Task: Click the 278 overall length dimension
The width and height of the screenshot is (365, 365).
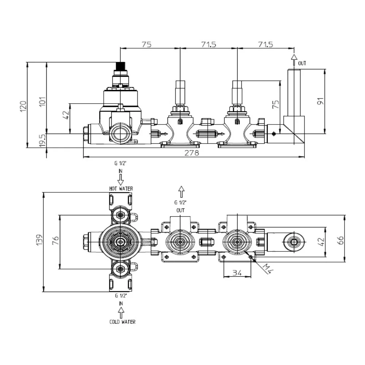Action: [192, 153]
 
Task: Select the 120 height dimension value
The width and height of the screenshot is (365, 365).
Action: [23, 106]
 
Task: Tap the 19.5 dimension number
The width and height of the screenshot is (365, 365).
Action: [43, 141]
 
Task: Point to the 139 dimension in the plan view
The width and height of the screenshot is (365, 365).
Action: [39, 239]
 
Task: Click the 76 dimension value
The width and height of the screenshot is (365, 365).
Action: [55, 240]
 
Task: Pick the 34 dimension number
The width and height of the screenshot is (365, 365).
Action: [237, 273]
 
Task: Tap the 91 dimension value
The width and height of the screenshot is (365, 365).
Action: [320, 101]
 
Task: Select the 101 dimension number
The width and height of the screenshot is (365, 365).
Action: [43, 101]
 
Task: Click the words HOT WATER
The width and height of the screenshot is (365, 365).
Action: [121, 189]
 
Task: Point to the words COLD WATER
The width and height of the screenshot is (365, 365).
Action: [122, 322]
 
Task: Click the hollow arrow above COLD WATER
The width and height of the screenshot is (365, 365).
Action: [121, 312]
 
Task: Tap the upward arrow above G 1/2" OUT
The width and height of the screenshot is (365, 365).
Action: [181, 192]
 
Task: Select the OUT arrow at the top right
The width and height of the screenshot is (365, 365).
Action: [294, 60]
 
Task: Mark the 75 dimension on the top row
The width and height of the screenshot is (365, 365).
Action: [147, 44]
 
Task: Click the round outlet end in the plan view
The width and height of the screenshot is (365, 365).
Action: [294, 242]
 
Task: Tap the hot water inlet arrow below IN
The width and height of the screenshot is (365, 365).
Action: [120, 180]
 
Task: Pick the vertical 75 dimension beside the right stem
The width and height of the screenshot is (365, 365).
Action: [276, 104]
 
